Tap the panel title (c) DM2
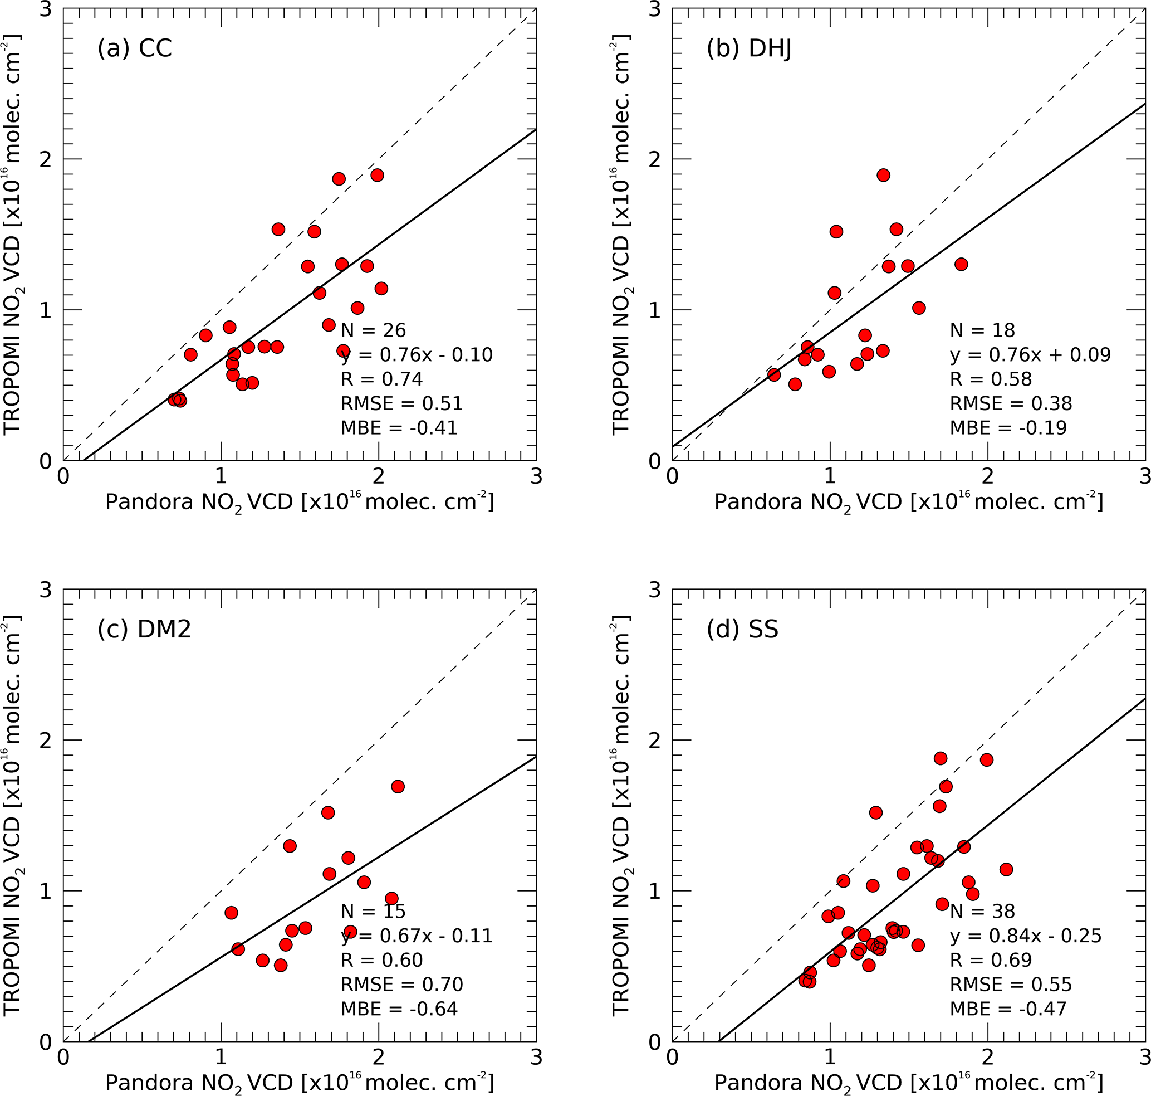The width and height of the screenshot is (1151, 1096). (x=144, y=629)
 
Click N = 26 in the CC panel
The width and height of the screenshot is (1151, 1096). (x=373, y=330)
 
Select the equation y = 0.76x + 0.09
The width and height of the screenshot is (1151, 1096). (x=1030, y=354)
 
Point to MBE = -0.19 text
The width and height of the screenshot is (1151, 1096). (x=1008, y=428)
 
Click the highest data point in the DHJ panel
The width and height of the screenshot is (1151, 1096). (x=883, y=176)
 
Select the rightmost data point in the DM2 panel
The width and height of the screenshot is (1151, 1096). (x=398, y=786)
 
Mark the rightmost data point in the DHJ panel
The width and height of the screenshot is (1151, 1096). (x=961, y=265)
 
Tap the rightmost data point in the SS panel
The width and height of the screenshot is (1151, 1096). (x=1006, y=869)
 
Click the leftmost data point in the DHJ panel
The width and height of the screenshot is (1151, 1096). (x=774, y=375)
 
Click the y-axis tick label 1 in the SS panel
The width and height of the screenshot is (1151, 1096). (x=655, y=891)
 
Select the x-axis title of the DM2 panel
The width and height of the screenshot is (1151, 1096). (x=300, y=1083)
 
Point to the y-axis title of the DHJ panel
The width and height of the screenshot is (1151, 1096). (x=621, y=233)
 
